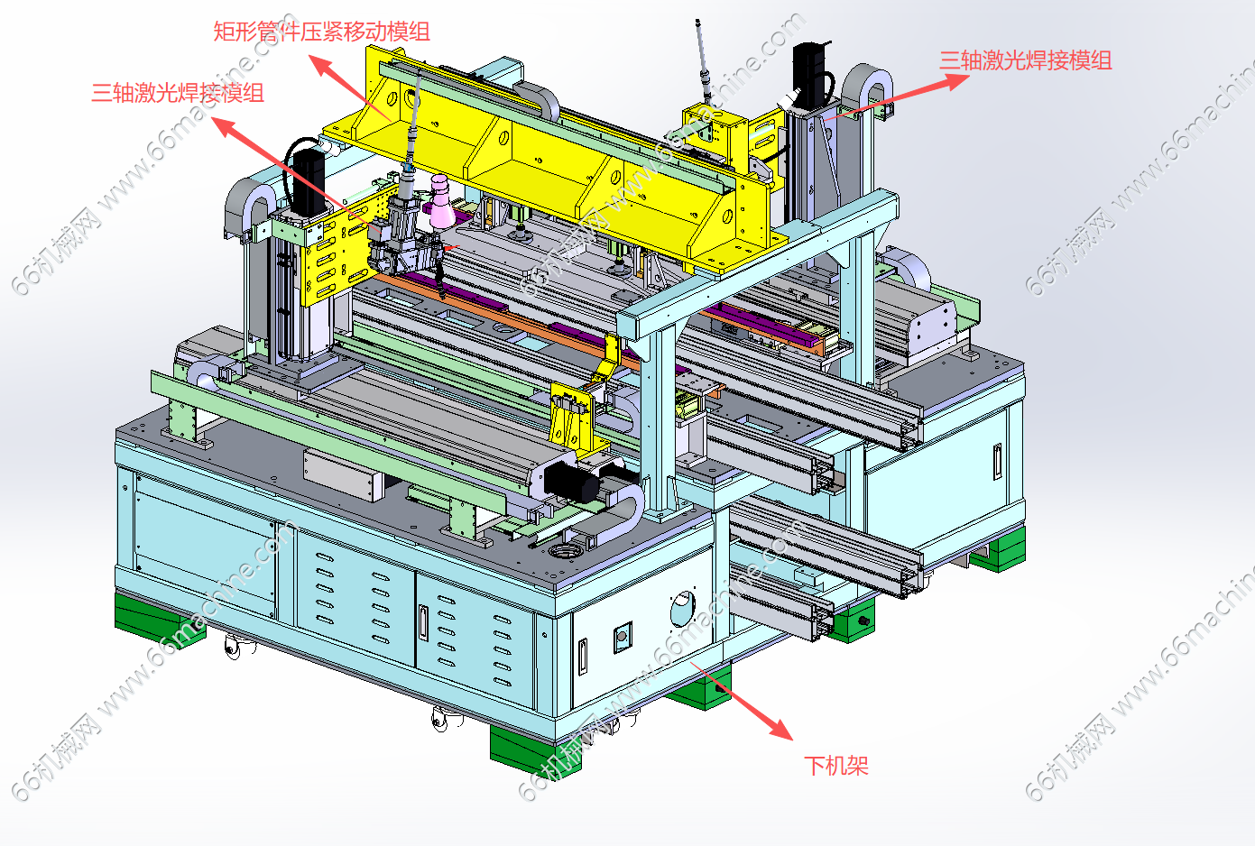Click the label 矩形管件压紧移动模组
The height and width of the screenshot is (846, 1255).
[x=321, y=32]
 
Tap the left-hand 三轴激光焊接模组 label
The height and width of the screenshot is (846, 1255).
[x=178, y=93]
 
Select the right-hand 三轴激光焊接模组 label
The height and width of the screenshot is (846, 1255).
[x=1026, y=60]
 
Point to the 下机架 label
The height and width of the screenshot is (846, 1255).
[x=836, y=766]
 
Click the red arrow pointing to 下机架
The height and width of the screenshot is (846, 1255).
[x=742, y=701]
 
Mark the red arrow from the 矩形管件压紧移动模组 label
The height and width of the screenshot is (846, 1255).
[x=349, y=87]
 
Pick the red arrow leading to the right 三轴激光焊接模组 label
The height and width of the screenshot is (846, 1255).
[x=897, y=97]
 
